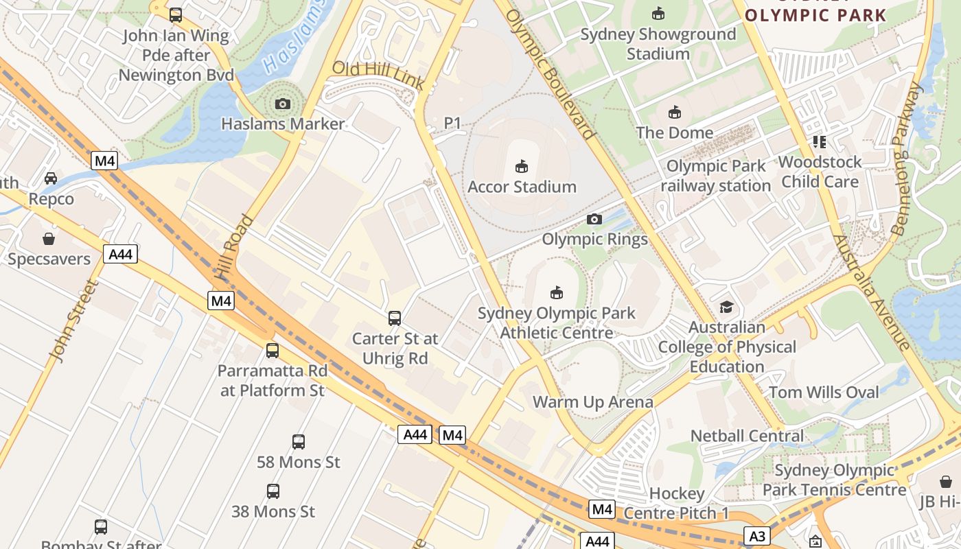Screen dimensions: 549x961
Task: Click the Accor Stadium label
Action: (x=522, y=187)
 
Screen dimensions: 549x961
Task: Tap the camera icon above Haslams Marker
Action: (x=282, y=104)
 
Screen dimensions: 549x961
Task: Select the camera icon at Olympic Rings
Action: (x=594, y=219)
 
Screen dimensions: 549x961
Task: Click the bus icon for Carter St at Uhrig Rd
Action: (x=395, y=318)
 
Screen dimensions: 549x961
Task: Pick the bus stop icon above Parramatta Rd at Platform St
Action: (x=273, y=351)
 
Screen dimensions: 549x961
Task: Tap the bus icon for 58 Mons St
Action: (x=299, y=441)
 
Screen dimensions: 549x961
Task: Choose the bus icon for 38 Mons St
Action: (x=273, y=491)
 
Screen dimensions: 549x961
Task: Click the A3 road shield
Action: (x=757, y=536)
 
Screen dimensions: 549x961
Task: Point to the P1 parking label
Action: (x=452, y=123)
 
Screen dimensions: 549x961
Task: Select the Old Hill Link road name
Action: (x=378, y=75)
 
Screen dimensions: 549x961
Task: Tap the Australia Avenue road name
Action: (x=870, y=292)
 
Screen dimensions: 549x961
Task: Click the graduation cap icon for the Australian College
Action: (x=727, y=307)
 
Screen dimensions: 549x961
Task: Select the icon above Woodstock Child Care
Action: (x=819, y=142)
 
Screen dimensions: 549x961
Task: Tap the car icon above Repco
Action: (x=51, y=178)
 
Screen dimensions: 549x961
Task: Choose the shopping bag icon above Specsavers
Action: (x=49, y=239)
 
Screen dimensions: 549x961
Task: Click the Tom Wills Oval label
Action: (x=824, y=393)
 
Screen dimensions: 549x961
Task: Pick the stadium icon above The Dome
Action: (x=675, y=112)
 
